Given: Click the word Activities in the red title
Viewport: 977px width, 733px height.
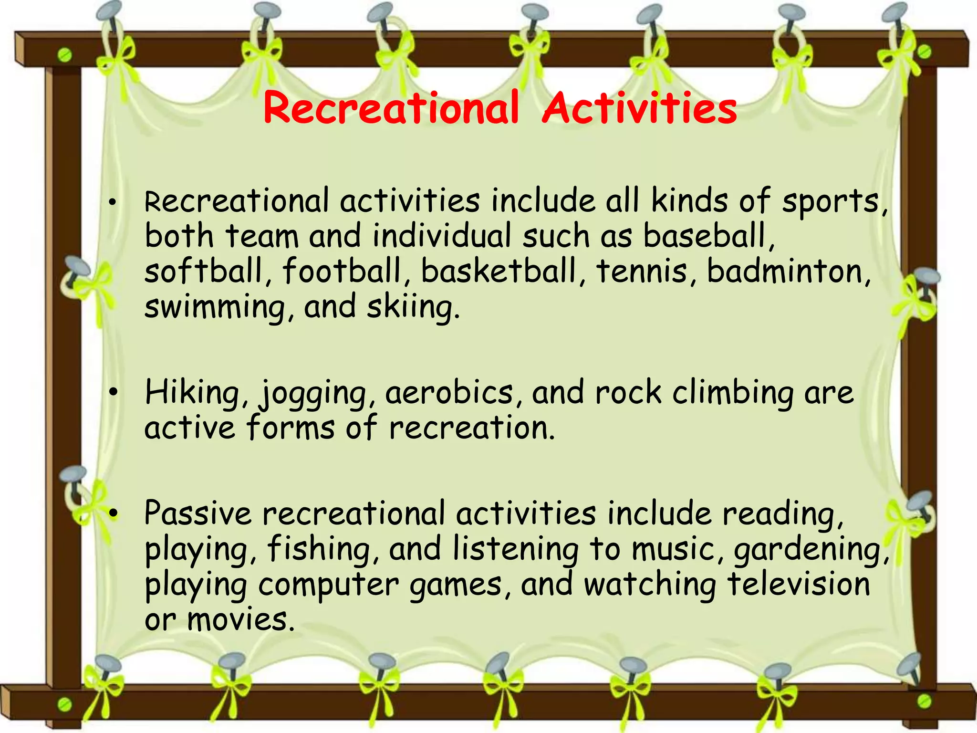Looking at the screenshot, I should pyautogui.click(x=639, y=108).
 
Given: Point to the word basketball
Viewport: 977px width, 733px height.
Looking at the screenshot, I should pyautogui.click(x=499, y=271).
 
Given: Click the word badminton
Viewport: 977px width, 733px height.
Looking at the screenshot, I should pyautogui.click(x=786, y=271).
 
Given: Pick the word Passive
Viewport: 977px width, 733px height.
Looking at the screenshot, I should pyautogui.click(x=198, y=514).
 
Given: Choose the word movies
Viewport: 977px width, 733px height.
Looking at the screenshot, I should pyautogui.click(x=238, y=620).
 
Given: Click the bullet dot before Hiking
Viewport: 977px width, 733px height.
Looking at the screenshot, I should pyautogui.click(x=113, y=393).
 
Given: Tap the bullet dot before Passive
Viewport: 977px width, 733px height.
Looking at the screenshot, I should pyautogui.click(x=113, y=513).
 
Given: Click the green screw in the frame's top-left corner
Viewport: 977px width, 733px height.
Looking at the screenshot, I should pyautogui.click(x=64, y=55).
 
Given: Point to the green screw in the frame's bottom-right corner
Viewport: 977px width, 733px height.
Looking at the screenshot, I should pyautogui.click(x=924, y=701).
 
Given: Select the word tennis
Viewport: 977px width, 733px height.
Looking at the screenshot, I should pyautogui.click(x=642, y=271).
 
